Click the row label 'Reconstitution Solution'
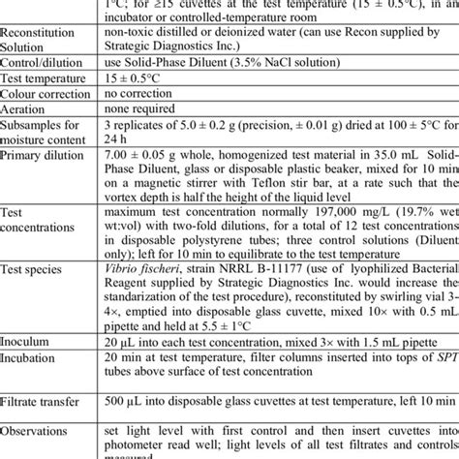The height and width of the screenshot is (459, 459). click(42, 40)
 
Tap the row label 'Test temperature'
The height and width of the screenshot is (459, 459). click(45, 78)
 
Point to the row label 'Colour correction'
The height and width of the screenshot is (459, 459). click(49, 94)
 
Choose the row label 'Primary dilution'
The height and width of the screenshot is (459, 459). click(44, 155)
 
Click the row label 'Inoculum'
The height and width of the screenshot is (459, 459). click(30, 340)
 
